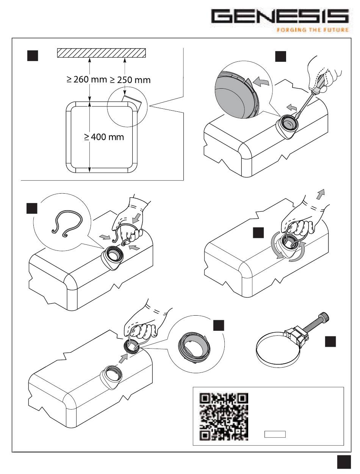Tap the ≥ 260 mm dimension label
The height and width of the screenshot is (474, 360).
[87, 80]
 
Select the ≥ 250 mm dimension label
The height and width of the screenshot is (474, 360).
[130, 80]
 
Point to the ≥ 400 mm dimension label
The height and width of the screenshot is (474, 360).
[104, 137]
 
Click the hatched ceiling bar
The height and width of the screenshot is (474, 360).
[101, 53]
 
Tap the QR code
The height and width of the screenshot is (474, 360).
[224, 416]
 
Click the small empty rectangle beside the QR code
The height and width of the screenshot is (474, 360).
[275, 434]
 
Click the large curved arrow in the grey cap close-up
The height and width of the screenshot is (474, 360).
[260, 82]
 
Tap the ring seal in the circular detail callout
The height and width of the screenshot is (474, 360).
[194, 346]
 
